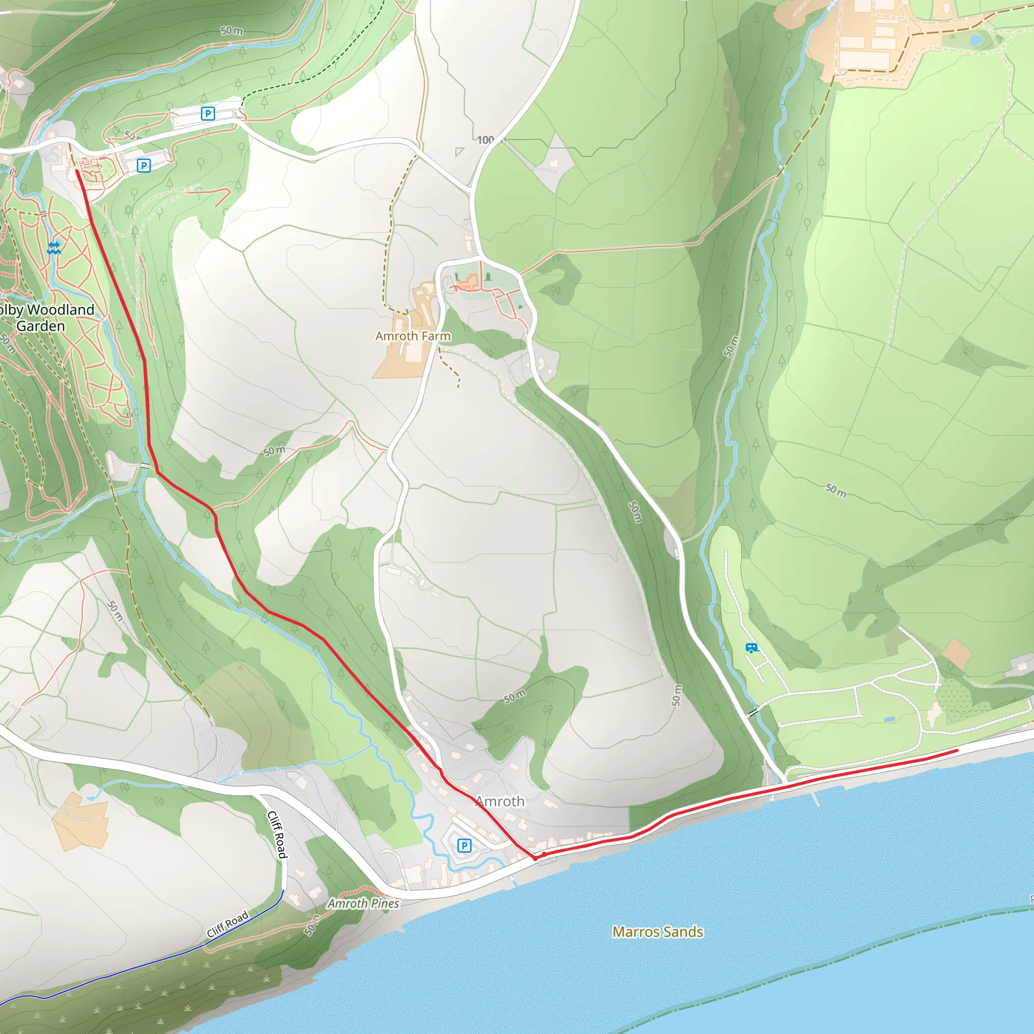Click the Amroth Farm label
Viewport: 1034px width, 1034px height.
[x=412, y=336]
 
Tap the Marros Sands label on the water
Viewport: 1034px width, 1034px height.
[x=657, y=932]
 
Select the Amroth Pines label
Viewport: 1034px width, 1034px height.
[x=364, y=903]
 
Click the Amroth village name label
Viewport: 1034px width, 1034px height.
[x=500, y=801]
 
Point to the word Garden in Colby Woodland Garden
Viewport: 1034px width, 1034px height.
[x=41, y=326]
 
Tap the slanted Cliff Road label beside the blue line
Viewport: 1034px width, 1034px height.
[x=228, y=924]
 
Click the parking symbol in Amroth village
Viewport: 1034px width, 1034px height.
[x=464, y=846]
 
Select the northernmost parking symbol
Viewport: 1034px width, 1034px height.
[x=208, y=114]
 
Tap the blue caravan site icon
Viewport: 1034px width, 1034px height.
[x=751, y=648]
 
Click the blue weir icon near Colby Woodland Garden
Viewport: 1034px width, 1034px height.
[x=54, y=248]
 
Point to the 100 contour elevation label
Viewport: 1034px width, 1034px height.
[x=485, y=140]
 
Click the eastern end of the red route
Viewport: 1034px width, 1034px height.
[x=957, y=751]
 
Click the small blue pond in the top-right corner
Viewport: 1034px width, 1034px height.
[x=975, y=39]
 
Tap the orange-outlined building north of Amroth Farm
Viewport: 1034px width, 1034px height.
[x=470, y=281]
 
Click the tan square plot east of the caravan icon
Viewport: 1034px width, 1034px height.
[x=956, y=654]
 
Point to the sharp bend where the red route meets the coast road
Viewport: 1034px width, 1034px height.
[x=535, y=858]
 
